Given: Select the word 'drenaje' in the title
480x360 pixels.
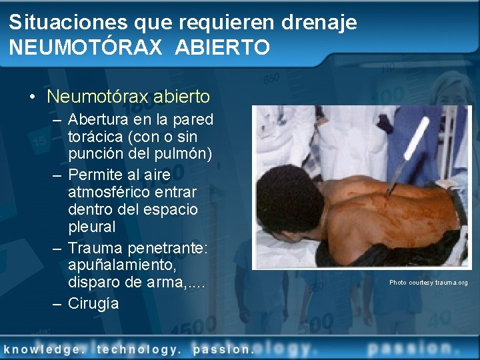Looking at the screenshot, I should click(319, 23).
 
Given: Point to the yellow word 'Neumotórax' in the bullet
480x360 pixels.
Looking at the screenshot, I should click(97, 97).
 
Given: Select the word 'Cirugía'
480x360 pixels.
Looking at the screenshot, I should click(93, 304).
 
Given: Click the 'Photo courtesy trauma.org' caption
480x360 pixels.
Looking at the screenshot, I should click(429, 283).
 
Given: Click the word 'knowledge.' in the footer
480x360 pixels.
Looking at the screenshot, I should click(43, 349).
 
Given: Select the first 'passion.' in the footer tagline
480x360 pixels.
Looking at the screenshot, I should click(223, 349).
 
